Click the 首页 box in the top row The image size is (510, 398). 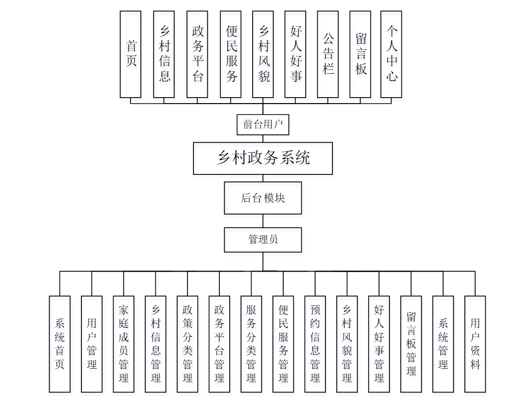pyautogui.click(x=130, y=54)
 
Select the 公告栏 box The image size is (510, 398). pyautogui.click(x=328, y=54)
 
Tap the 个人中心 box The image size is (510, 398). pyautogui.click(x=391, y=54)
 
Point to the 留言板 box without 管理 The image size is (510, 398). pyautogui.click(x=360, y=54)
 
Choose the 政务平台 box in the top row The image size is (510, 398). pyautogui.click(x=197, y=54)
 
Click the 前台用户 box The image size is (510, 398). pyautogui.click(x=262, y=124)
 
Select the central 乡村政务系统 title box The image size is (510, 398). pyautogui.click(x=263, y=158)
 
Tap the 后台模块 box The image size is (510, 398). pyautogui.click(x=263, y=198)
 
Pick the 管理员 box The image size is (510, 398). pyautogui.click(x=263, y=239)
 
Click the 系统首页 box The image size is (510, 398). pyautogui.click(x=60, y=344)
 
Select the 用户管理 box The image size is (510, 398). pyautogui.click(x=92, y=344)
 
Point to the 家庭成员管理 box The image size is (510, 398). pyautogui.click(x=124, y=344)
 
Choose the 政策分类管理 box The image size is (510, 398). pyautogui.click(x=188, y=344)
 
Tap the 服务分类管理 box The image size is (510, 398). pyautogui.click(x=251, y=344)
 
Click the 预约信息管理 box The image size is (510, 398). pyautogui.click(x=315, y=344)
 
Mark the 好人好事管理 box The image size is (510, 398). pyautogui.click(x=379, y=344)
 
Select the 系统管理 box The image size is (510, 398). pyautogui.click(x=443, y=344)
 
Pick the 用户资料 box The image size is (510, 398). pyautogui.click(x=475, y=344)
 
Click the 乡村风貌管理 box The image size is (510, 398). pyautogui.click(x=347, y=344)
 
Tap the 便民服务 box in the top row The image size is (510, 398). pyautogui.click(x=231, y=54)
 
